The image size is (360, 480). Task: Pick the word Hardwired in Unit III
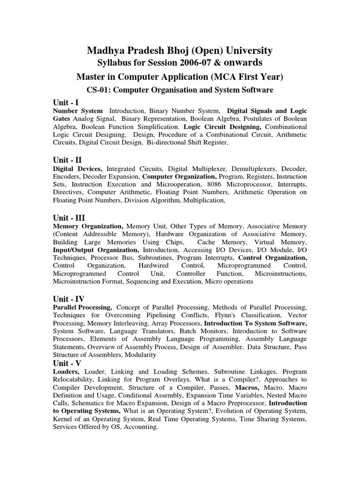point(152,265)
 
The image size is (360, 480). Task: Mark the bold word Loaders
point(66,371)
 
